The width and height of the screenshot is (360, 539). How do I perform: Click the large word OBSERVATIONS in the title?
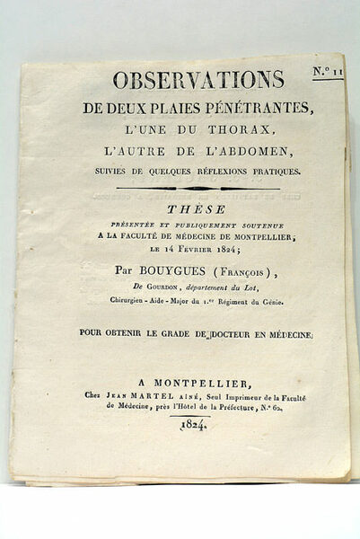[x=198, y=80]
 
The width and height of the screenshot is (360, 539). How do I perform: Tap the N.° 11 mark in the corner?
[x=328, y=70]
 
